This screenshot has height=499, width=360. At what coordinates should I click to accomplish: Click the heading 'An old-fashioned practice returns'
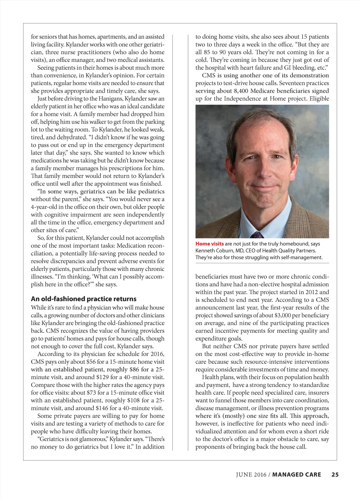pos(84,299)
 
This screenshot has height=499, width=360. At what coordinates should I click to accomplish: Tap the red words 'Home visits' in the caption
pos(210,244)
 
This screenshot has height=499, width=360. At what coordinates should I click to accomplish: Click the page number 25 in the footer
pos(335,474)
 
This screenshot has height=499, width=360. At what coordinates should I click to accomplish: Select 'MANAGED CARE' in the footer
pos(297,474)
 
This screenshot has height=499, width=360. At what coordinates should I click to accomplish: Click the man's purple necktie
pos(257,234)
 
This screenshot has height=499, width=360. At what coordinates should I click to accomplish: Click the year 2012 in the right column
pos(310,292)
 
